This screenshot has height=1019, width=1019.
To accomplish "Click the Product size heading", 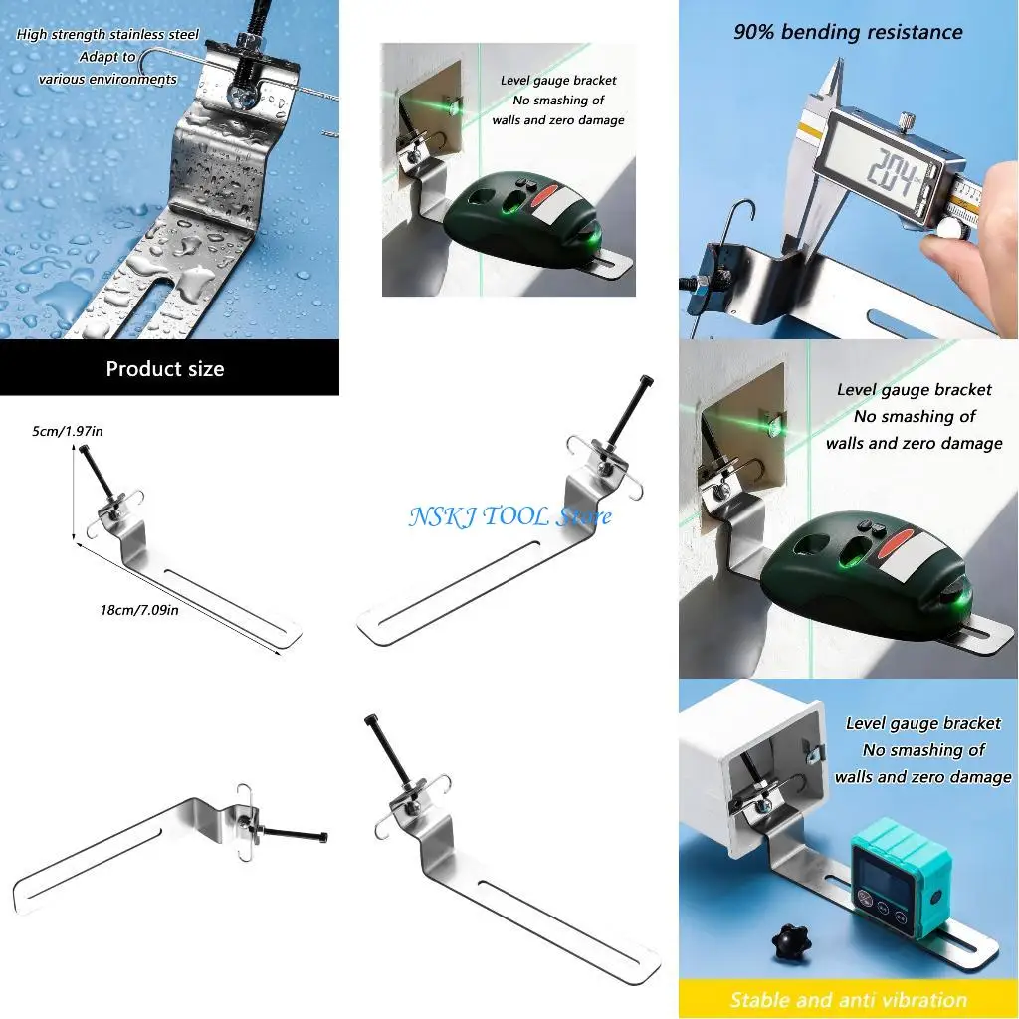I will tap(165, 369).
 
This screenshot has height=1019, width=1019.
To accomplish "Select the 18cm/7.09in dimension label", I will tap(138, 609).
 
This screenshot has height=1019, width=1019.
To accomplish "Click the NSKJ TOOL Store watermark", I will tap(509, 516).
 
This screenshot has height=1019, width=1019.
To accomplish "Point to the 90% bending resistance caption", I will tap(848, 32).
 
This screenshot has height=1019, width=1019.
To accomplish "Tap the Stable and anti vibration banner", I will tap(848, 1000).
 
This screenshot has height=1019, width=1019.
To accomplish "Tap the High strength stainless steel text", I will tap(107, 35).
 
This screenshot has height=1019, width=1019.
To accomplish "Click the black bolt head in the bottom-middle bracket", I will tap(371, 719).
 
